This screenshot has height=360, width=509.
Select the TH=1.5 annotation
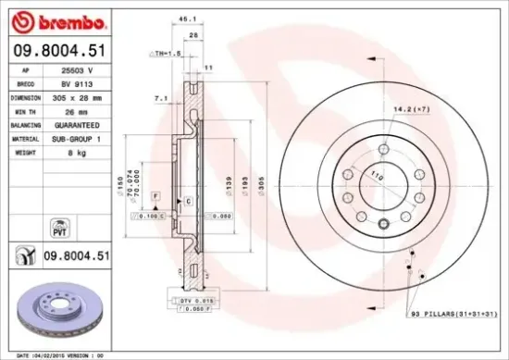(x=166, y=54)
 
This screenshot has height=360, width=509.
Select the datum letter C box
(x=188, y=200)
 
